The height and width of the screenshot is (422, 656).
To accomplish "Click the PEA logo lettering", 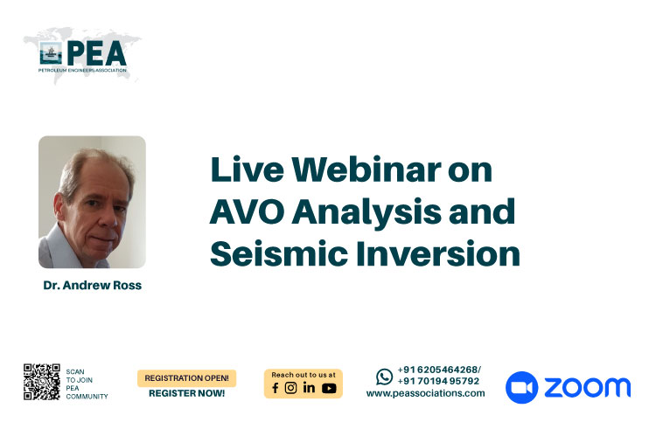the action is (96, 53).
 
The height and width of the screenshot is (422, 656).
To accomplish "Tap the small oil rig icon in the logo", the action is (51, 53).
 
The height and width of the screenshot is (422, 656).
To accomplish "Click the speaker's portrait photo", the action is (92, 202).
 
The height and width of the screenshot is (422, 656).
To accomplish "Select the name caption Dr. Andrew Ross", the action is (93, 286).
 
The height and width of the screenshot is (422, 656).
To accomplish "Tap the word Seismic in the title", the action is (279, 253).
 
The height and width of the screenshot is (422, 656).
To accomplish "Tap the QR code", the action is (42, 382).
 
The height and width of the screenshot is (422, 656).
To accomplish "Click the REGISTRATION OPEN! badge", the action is (186, 378).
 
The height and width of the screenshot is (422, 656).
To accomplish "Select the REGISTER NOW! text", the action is (186, 393).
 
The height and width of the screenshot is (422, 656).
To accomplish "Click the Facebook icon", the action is (275, 388).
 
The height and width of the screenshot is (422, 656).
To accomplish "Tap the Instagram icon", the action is (290, 388).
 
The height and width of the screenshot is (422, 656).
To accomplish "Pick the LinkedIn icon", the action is (309, 388).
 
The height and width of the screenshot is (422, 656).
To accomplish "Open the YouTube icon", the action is (329, 389).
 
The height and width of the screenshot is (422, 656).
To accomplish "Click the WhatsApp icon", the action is (384, 377).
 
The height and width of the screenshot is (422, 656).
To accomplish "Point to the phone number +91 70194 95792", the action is (438, 381).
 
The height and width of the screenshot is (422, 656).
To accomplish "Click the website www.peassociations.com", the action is (425, 393).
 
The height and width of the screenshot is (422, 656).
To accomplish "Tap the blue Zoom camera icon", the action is (521, 387).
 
